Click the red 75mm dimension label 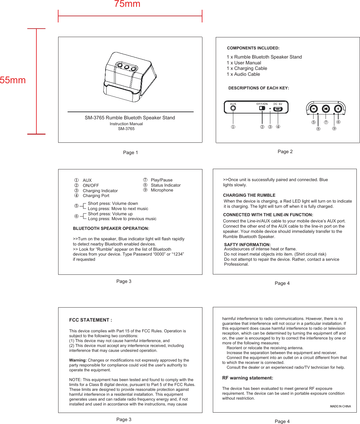tap(127, 4)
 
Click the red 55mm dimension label tap(13, 80)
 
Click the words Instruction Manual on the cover tap(126, 124)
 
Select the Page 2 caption tap(285, 152)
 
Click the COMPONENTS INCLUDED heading tap(253, 48)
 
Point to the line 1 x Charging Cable tap(247, 69)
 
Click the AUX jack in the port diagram tap(233, 108)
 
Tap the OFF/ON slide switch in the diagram tap(262, 108)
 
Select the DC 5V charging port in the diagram tap(277, 109)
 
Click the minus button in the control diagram tap(314, 109)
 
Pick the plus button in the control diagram tap(338, 109)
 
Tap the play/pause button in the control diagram tap(326, 109)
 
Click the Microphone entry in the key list tap(162, 190)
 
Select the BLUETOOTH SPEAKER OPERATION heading tap(111, 229)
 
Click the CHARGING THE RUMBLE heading tap(249, 195)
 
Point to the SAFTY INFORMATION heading tap(247, 245)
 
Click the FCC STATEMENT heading tap(91, 320)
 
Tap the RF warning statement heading tap(248, 378)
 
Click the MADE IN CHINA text tap(340, 406)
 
